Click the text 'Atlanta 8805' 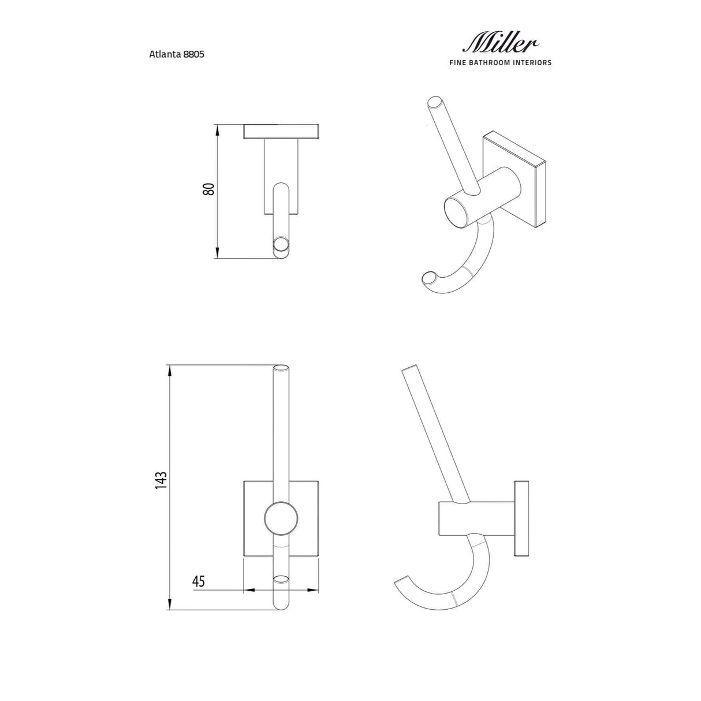click(x=177, y=55)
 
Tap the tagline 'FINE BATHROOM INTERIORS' click(x=500, y=62)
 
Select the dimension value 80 click(x=208, y=189)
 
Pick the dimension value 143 click(x=161, y=480)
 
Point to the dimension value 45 click(x=199, y=581)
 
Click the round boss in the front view click(x=281, y=517)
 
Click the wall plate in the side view click(x=521, y=517)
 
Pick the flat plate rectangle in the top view click(x=281, y=132)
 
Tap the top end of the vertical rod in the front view click(x=281, y=368)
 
